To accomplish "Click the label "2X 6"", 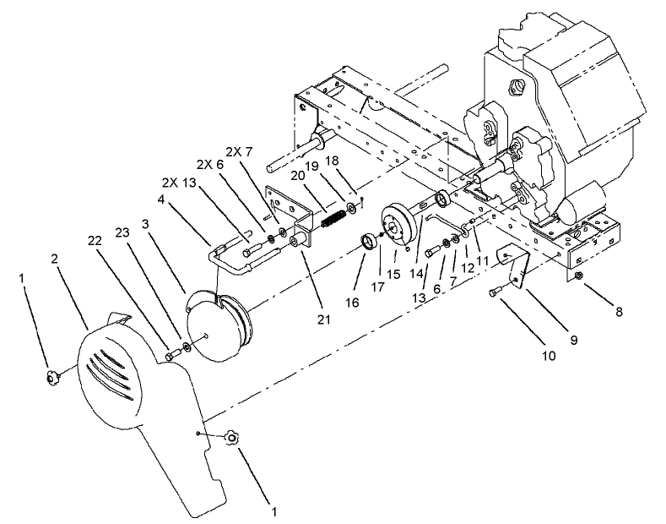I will tap(210, 164).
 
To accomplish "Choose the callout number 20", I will tap(296, 174).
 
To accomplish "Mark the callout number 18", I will tap(333, 160).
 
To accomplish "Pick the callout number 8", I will tap(620, 311).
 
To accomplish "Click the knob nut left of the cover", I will tap(53, 375).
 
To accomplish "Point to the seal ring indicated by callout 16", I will tap(368, 243).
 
